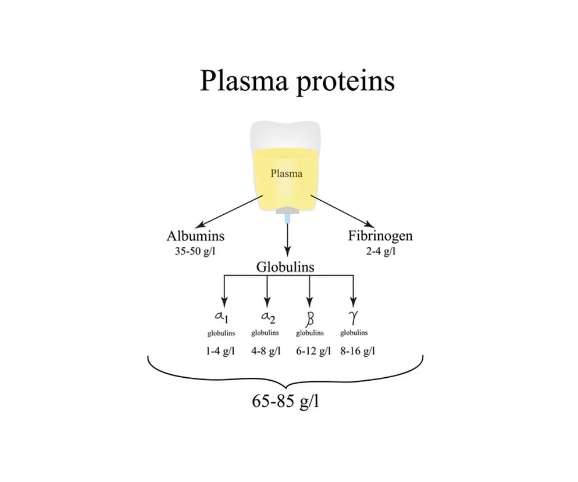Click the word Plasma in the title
click(x=243, y=81)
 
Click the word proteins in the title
click(x=345, y=81)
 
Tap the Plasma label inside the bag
click(x=286, y=173)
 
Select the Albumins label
click(x=195, y=236)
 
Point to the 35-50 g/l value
click(x=195, y=251)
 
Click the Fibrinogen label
click(x=380, y=236)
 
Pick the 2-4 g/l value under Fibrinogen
click(x=380, y=251)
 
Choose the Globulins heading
click(x=286, y=267)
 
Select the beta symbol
click(x=309, y=318)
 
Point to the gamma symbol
click(x=353, y=317)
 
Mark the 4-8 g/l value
click(x=265, y=352)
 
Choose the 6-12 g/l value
click(x=311, y=352)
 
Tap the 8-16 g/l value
click(x=357, y=352)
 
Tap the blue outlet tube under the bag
click(x=286, y=219)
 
